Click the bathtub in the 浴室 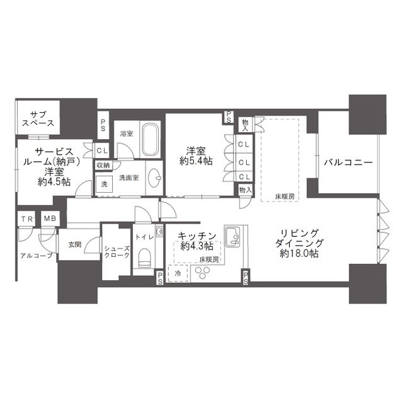(x=150, y=140)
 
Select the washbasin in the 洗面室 (x=155, y=178)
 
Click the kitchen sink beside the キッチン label (x=232, y=237)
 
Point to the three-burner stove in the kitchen (x=202, y=273)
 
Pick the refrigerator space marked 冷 (x=178, y=273)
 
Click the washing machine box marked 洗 (x=104, y=184)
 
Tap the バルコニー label (x=348, y=162)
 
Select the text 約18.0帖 (x=299, y=254)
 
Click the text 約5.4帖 (x=196, y=161)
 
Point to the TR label (x=27, y=219)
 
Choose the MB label (x=50, y=219)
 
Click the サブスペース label (x=38, y=119)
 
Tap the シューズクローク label (x=116, y=252)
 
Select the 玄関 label (x=75, y=244)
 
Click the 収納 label (x=103, y=165)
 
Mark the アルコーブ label (x=37, y=256)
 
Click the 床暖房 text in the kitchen (x=209, y=259)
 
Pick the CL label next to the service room (x=102, y=151)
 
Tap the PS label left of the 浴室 (x=103, y=125)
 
